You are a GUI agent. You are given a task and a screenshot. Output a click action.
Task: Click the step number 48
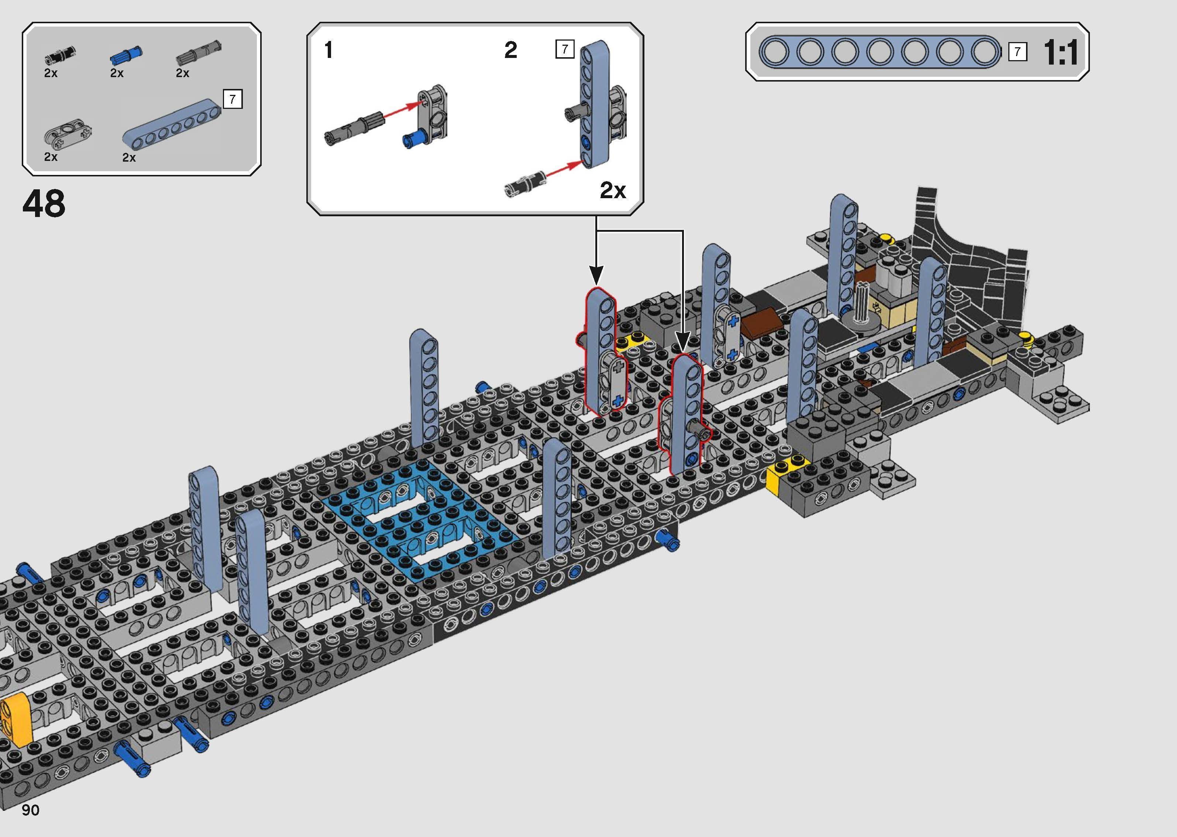click(44, 204)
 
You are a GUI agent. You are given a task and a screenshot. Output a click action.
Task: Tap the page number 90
click(30, 810)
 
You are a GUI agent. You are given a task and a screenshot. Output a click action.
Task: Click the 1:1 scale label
click(1060, 52)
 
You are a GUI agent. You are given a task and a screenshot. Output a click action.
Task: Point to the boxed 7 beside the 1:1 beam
click(1017, 52)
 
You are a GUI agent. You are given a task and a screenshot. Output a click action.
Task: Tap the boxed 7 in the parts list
click(233, 99)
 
